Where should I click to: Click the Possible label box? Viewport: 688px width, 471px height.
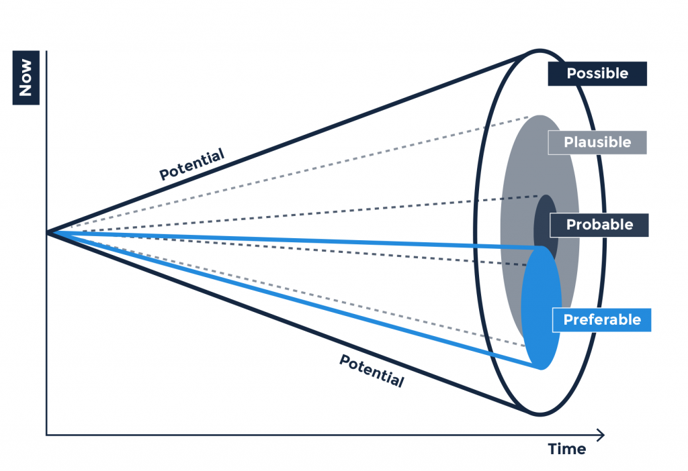click(597, 74)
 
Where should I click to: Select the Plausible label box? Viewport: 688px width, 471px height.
click(597, 142)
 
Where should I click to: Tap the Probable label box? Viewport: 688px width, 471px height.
click(599, 225)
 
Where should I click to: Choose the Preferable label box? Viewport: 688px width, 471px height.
click(601, 319)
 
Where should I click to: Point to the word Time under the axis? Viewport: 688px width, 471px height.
click(566, 449)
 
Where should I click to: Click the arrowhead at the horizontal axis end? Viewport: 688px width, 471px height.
click(600, 435)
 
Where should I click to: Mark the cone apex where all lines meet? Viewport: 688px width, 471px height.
click(47, 232)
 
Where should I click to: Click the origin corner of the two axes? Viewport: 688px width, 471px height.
click(46, 435)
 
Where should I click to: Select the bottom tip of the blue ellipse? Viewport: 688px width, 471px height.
click(541, 368)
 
